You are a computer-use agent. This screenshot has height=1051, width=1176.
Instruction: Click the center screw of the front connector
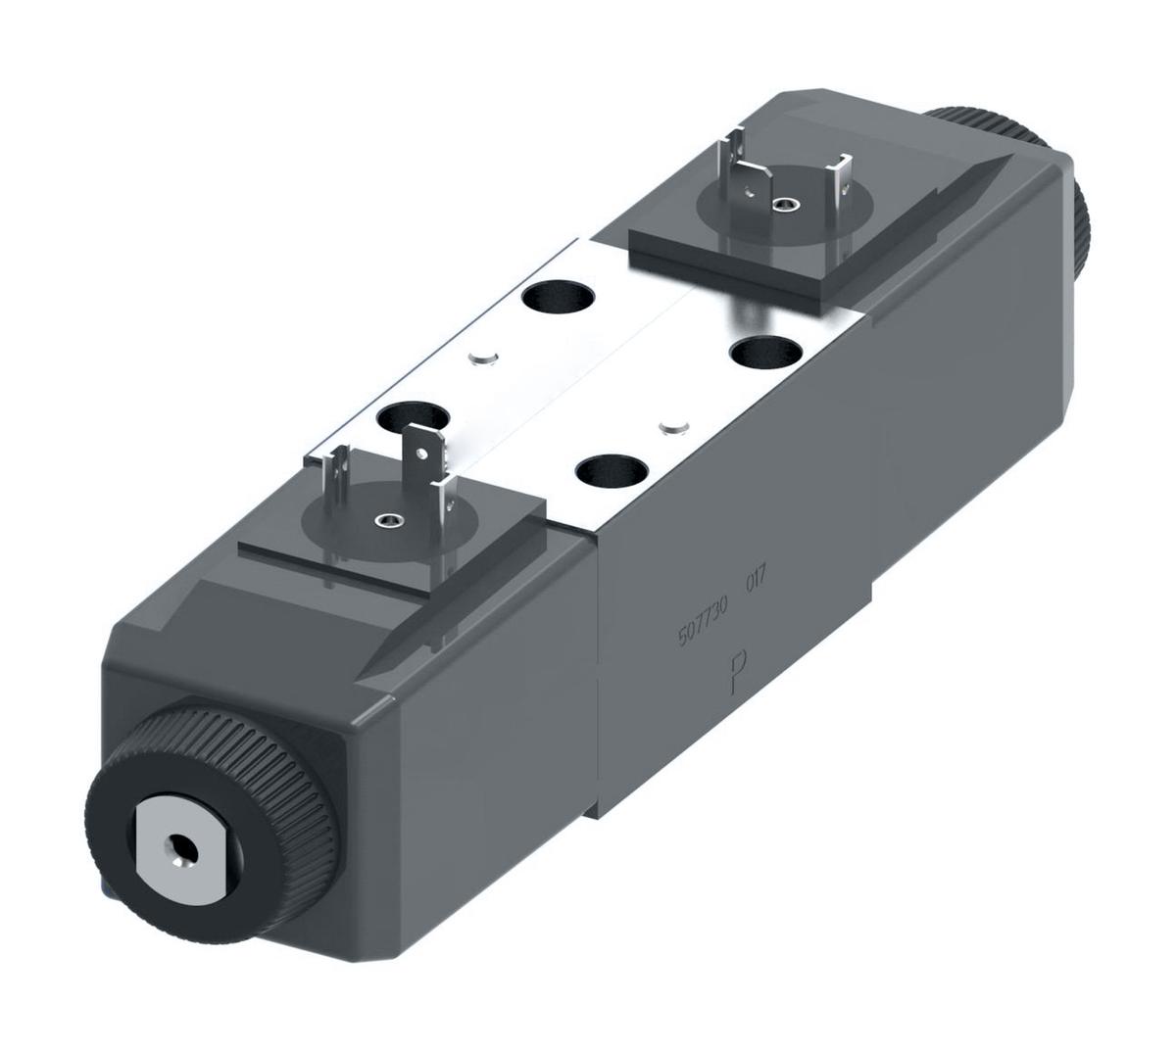coord(389,519)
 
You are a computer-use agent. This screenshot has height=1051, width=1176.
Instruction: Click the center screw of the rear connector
coord(781,205)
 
